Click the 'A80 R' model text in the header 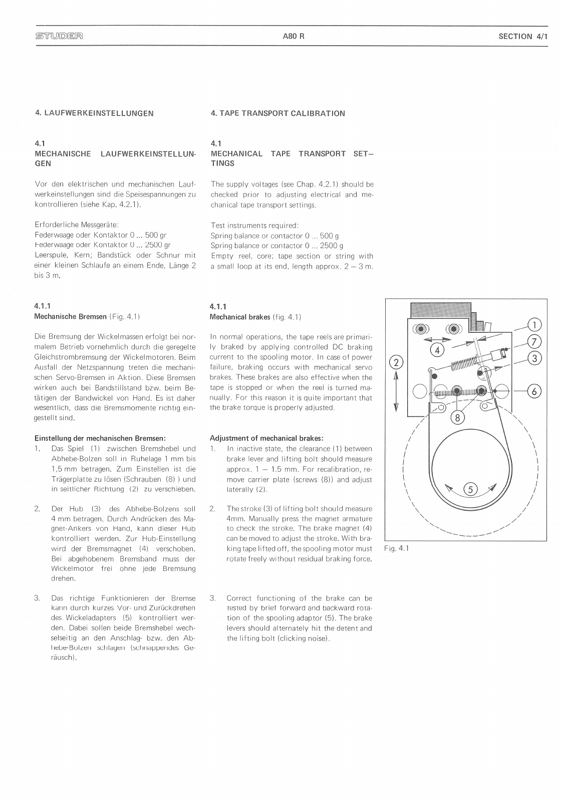[x=293, y=36]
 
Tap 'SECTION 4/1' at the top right [x=523, y=36]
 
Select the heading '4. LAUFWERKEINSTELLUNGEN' [x=94, y=113]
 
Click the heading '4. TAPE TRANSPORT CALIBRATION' [x=278, y=113]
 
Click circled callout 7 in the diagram [x=534, y=342]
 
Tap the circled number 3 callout [x=534, y=358]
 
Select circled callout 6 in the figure [x=534, y=391]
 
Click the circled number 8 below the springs [x=457, y=417]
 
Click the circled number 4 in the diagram [x=437, y=350]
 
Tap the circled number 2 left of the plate [x=396, y=362]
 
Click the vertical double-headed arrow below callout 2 [x=396, y=391]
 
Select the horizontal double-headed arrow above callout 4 [x=437, y=339]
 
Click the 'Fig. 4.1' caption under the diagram [x=396, y=548]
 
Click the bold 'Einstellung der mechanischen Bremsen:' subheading [x=100, y=438]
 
